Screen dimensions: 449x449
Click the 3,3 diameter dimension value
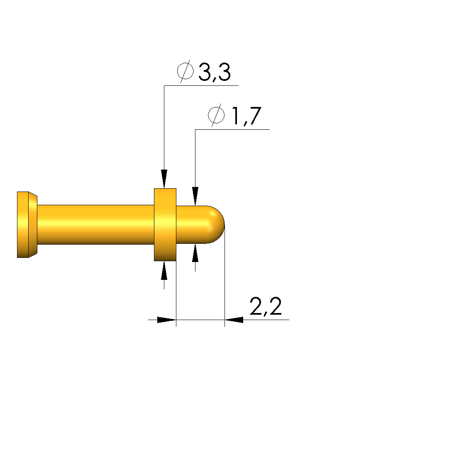214,72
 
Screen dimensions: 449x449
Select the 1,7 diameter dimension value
246,116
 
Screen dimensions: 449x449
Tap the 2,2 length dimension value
266,306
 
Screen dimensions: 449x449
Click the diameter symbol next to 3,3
185,71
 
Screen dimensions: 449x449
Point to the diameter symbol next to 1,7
216,115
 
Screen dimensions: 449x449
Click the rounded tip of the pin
216,225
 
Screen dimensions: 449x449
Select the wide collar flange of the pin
165,225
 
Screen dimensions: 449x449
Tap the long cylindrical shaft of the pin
96,225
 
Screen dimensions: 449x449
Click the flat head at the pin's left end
23,225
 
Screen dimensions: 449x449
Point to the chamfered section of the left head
33,225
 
